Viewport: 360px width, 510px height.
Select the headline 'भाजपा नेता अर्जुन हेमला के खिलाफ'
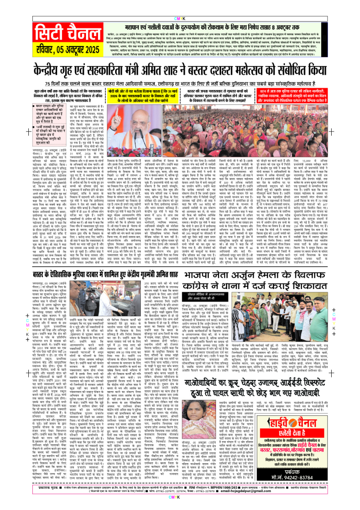point(252,258)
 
